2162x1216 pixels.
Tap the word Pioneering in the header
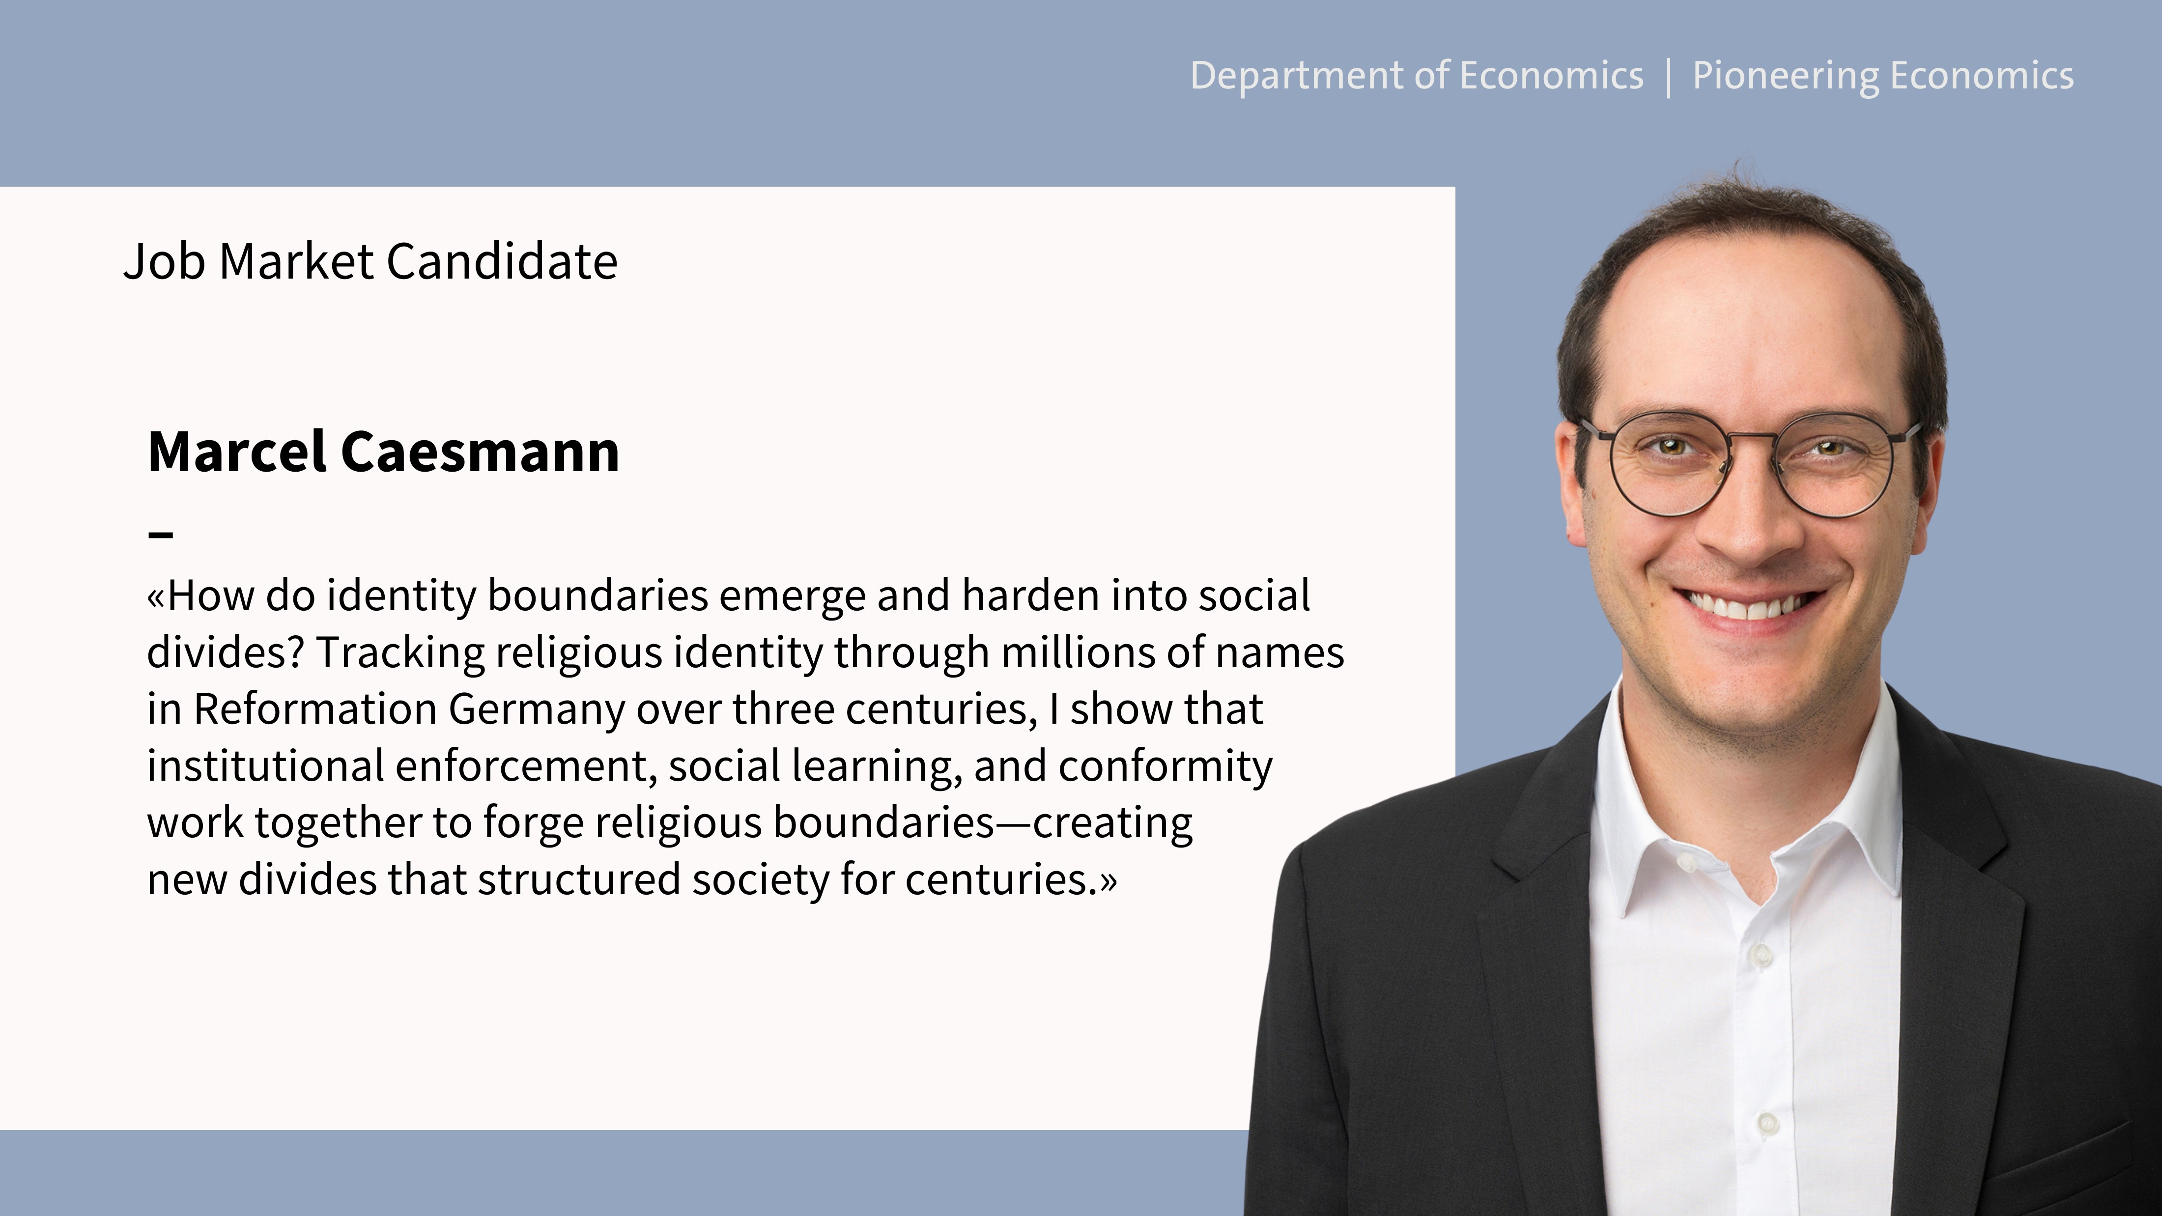point(1784,76)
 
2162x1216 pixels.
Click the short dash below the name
point(160,534)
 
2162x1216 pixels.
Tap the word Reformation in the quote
point(315,709)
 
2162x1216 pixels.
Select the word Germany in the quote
point(537,711)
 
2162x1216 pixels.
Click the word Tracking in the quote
point(400,654)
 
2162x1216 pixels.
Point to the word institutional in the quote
point(266,766)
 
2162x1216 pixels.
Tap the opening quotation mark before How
point(156,597)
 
